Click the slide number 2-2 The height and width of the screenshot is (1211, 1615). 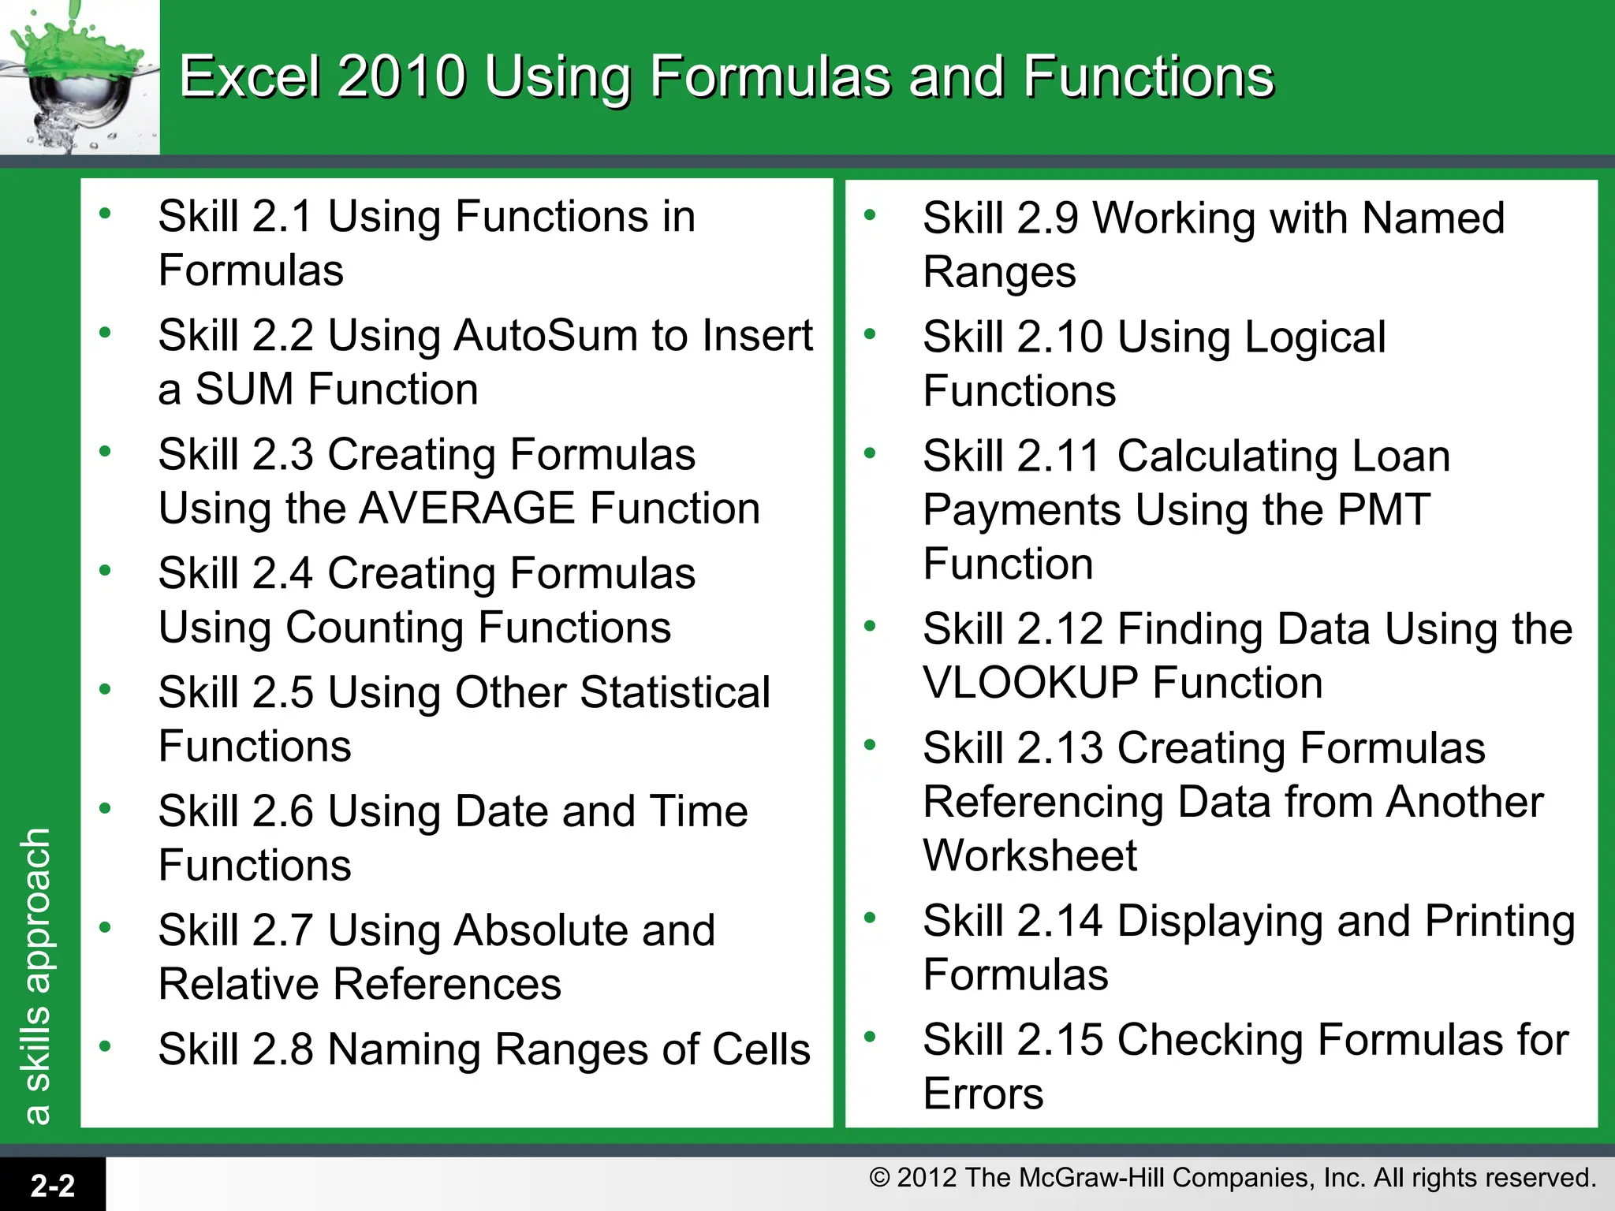(53, 1185)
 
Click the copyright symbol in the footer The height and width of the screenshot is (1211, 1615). (879, 1178)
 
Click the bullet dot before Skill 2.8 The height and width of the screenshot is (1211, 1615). (105, 1046)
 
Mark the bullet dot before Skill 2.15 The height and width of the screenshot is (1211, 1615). (870, 1036)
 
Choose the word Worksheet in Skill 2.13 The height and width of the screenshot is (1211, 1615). (1030, 855)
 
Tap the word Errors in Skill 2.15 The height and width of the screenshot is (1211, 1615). (983, 1094)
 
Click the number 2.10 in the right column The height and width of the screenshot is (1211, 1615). (1060, 337)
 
